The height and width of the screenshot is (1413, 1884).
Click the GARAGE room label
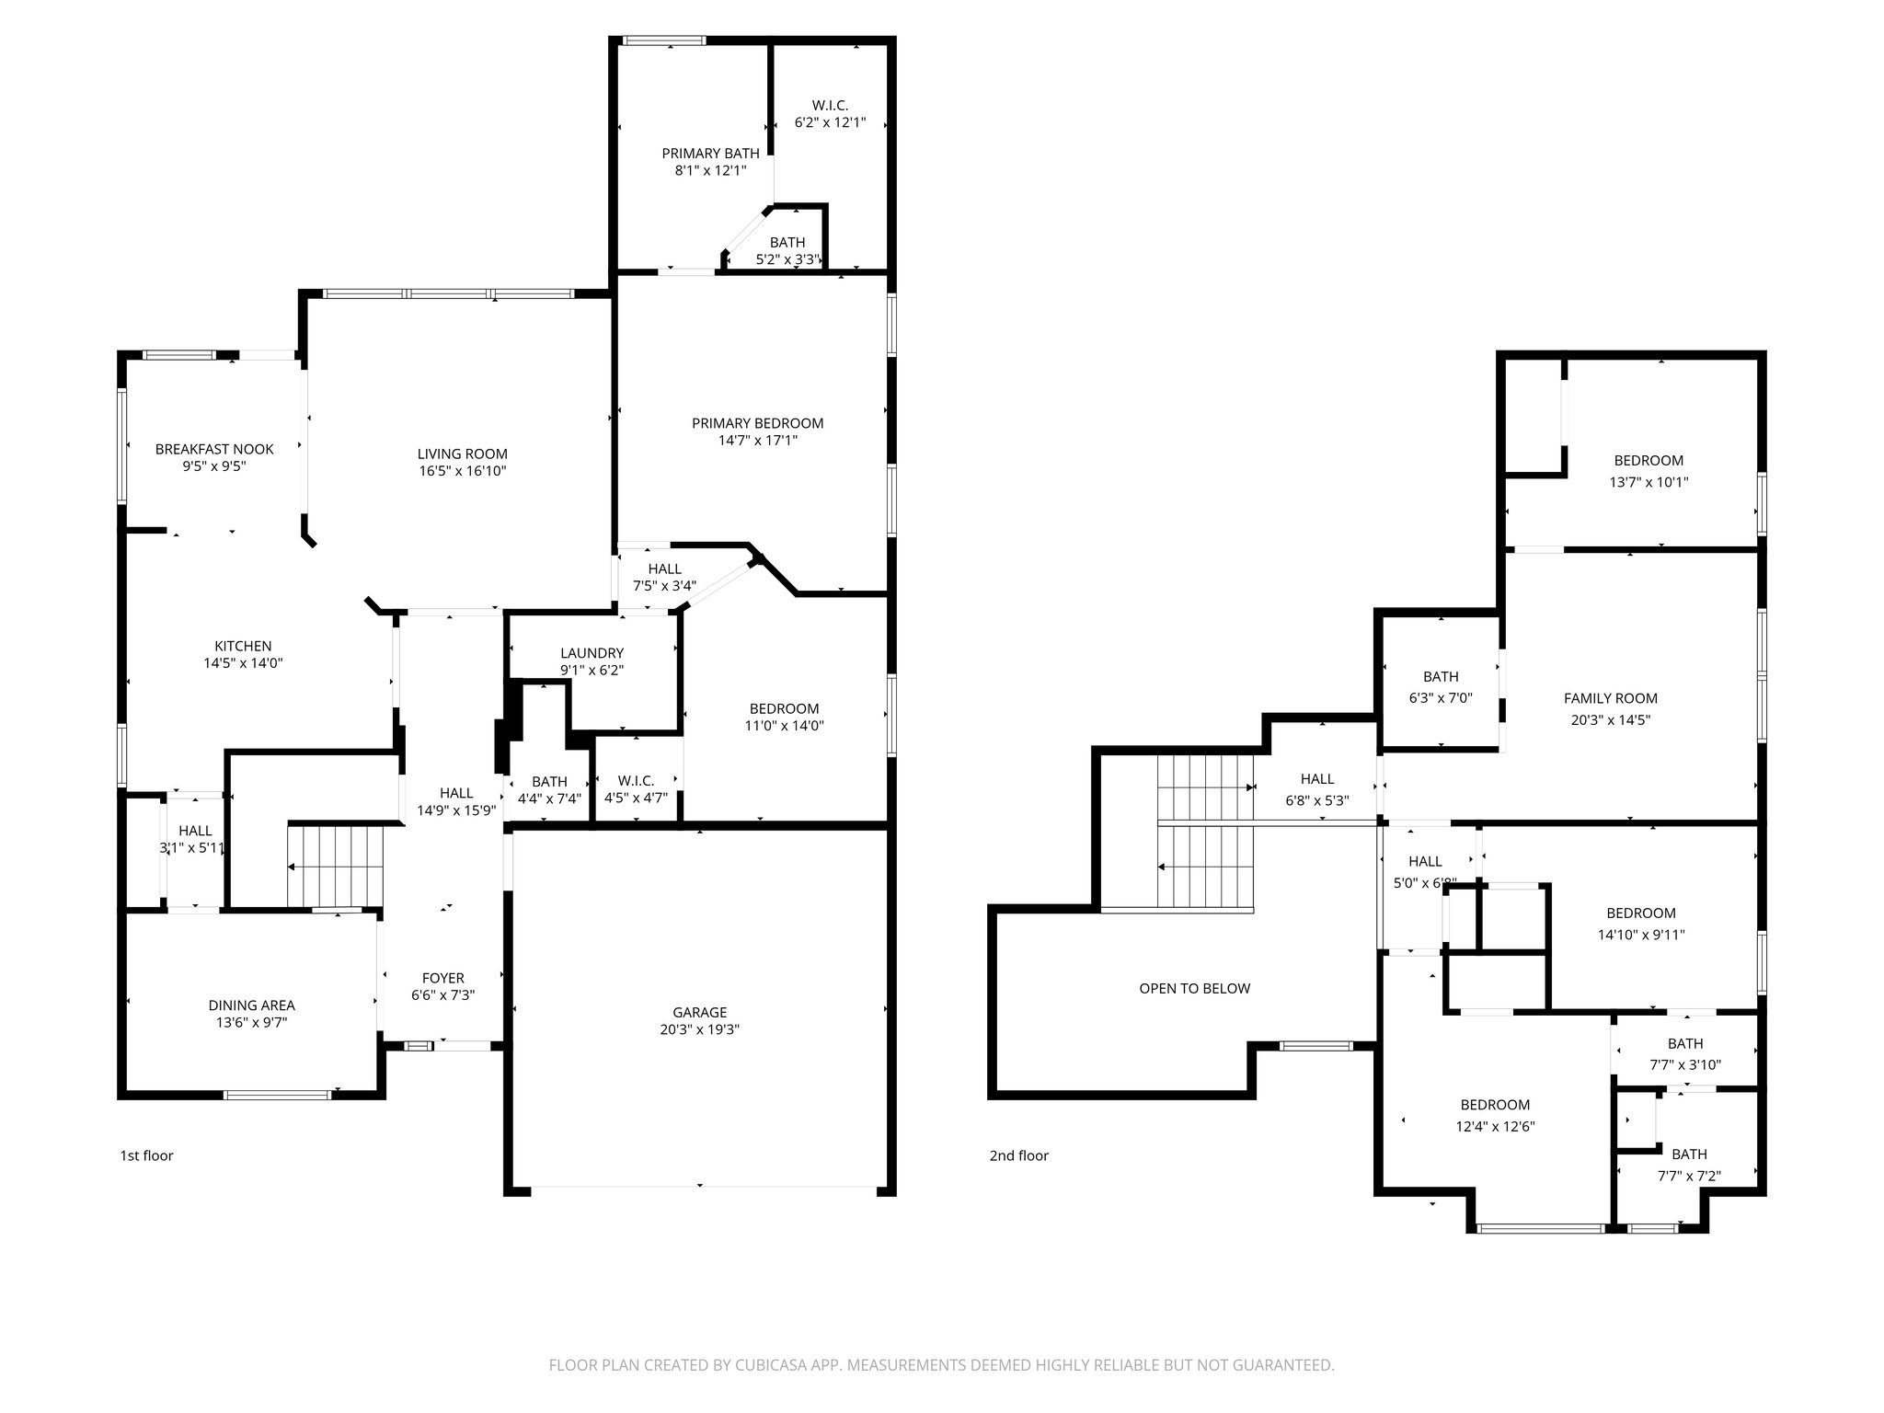pyautogui.click(x=699, y=1012)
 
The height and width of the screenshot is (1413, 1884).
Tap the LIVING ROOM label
pyautogui.click(x=462, y=454)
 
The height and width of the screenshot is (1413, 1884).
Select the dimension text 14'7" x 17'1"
pyautogui.click(x=757, y=441)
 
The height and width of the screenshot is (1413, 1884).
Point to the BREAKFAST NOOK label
pyautogui.click(x=214, y=449)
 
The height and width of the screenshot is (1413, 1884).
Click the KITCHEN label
pyautogui.click(x=243, y=646)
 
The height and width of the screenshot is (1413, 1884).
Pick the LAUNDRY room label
pyautogui.click(x=592, y=653)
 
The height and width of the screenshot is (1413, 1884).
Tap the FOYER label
pyautogui.click(x=442, y=978)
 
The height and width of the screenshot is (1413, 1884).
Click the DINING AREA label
pyautogui.click(x=251, y=1005)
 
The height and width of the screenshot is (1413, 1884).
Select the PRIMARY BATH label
pyautogui.click(x=710, y=154)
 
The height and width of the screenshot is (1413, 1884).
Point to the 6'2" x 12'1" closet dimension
pyautogui.click(x=830, y=122)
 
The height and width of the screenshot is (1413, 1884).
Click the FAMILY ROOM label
pyautogui.click(x=1610, y=698)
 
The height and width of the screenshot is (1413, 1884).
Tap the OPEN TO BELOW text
pyautogui.click(x=1194, y=989)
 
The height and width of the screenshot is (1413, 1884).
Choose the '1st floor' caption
pyautogui.click(x=146, y=1155)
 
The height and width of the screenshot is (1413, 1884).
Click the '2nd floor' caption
pyautogui.click(x=1018, y=1155)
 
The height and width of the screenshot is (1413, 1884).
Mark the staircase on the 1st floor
pyautogui.click(x=335, y=866)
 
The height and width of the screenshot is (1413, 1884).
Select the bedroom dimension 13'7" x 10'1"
pyautogui.click(x=1648, y=482)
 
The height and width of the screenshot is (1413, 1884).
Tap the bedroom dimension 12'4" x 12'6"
pyautogui.click(x=1495, y=1126)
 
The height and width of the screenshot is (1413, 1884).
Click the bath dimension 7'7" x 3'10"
pyautogui.click(x=1685, y=1065)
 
